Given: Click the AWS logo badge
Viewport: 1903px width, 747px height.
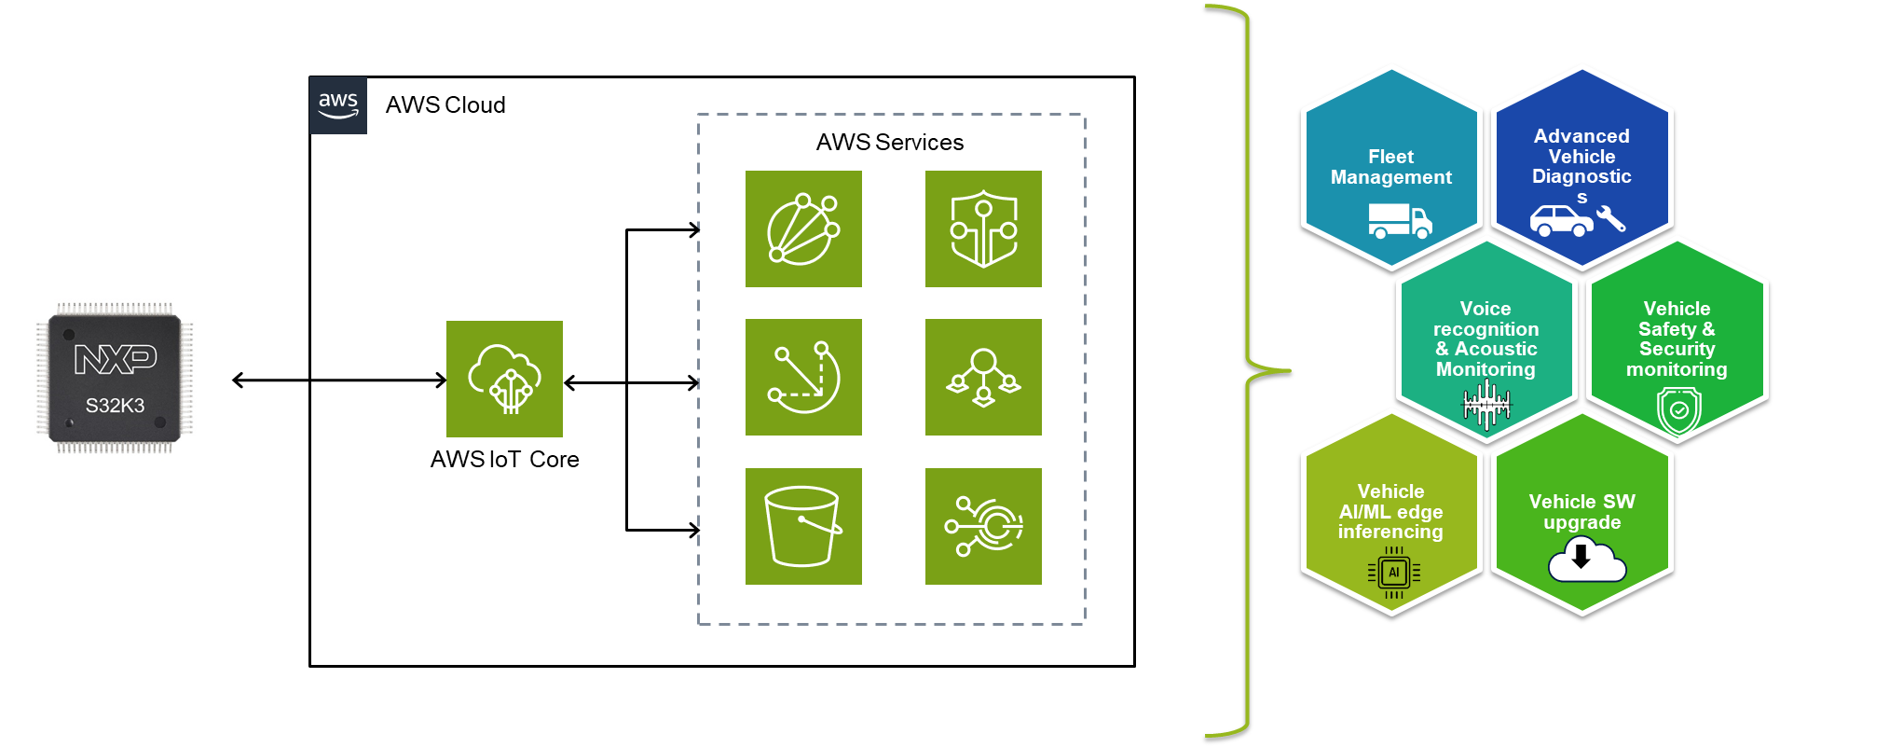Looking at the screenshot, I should coord(338,105).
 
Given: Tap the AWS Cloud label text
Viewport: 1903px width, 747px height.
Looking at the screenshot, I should coord(445,105).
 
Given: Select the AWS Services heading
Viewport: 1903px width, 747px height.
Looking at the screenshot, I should coord(889,143).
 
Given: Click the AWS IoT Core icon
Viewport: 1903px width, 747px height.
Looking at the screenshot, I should coord(504,379).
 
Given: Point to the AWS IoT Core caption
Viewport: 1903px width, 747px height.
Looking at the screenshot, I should coord(504,460).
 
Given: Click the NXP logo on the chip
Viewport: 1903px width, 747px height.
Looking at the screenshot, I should coord(115,358).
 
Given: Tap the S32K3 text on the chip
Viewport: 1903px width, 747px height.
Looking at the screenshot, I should coord(115,406).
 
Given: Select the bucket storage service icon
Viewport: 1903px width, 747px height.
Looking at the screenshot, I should coord(803,526).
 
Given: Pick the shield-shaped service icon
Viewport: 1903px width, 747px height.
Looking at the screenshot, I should coord(983,229).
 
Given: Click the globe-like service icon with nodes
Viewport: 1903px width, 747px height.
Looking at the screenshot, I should coord(803,229).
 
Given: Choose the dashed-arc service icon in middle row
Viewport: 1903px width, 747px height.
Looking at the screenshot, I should coord(803,378).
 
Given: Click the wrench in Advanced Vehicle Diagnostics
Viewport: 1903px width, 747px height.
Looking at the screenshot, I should coord(1611,219).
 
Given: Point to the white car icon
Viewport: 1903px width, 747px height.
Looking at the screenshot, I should coord(1561,221).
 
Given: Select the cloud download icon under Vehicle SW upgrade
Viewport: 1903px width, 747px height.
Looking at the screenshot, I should coord(1586,561).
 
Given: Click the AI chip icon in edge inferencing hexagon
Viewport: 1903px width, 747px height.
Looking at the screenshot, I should coord(1394,573).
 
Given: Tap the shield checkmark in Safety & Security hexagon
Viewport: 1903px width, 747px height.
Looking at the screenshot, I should coord(1678,410).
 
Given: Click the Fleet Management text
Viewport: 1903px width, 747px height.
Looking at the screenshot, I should coord(1390,167).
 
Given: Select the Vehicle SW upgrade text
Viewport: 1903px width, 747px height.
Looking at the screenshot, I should coord(1581,512).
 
